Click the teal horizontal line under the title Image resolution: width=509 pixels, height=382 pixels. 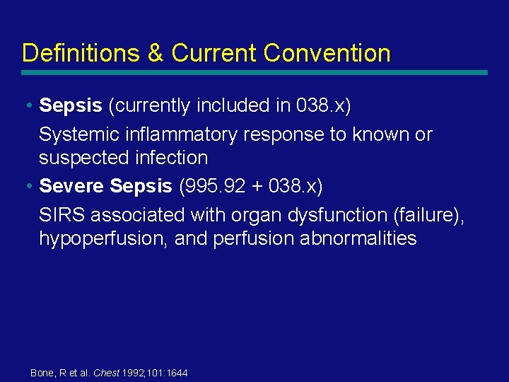pos(255,72)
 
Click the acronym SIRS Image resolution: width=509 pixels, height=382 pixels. pos(62,214)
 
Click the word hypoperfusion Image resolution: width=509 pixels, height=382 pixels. pos(103,238)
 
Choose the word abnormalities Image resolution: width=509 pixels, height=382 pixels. pos(358,238)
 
